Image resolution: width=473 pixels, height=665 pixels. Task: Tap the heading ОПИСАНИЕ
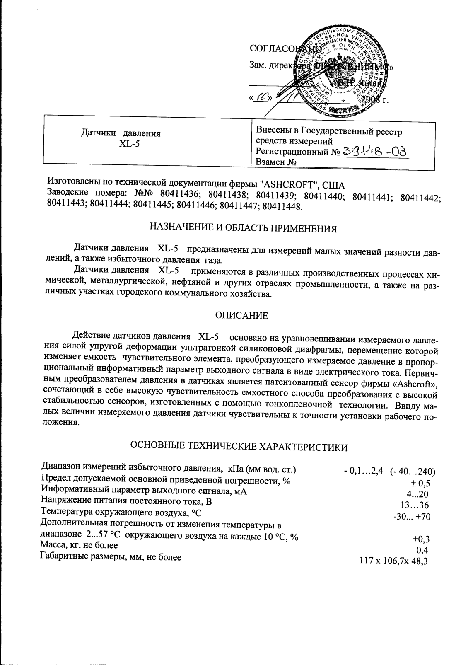click(241, 316)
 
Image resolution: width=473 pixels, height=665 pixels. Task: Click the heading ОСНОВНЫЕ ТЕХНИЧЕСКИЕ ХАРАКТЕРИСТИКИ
click(239, 447)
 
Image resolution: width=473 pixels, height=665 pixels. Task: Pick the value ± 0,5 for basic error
click(420, 483)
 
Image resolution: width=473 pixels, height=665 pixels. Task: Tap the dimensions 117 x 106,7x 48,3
click(393, 561)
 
